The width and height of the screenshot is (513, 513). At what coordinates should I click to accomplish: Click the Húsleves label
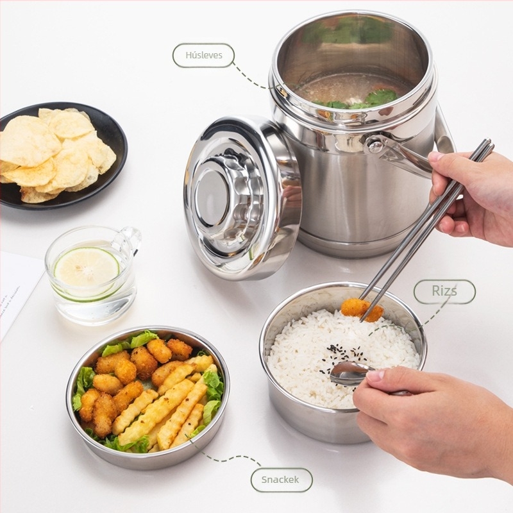[203, 55]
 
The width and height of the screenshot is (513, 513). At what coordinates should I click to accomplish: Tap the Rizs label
[444, 291]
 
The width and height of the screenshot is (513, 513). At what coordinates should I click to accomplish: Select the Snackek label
[281, 480]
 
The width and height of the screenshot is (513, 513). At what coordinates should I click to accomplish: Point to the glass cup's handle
[130, 240]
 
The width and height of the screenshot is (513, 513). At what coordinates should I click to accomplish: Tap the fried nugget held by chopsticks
[362, 309]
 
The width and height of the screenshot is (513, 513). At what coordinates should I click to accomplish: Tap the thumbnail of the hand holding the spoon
[376, 375]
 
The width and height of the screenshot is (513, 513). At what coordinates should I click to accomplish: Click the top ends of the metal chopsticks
[487, 144]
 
